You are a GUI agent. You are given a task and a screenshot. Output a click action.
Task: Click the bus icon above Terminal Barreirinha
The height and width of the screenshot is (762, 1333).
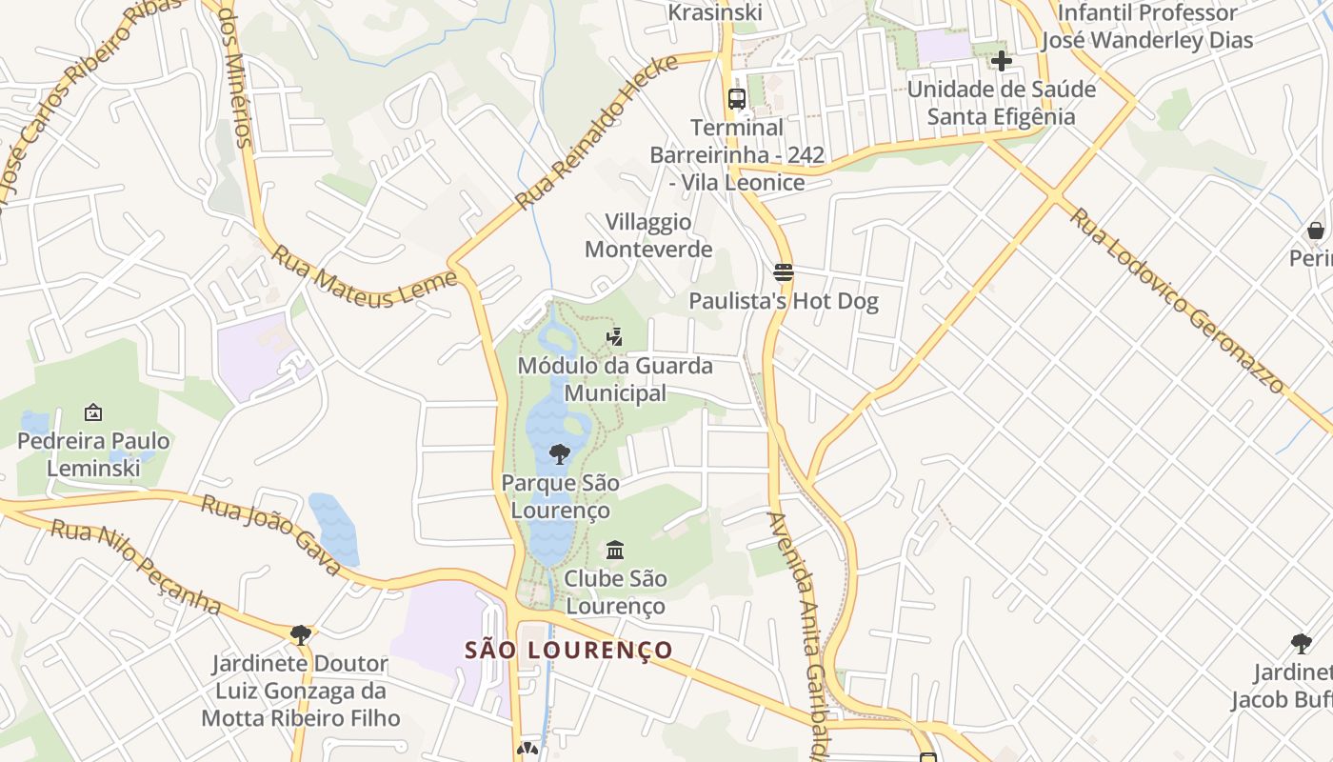pos(736,98)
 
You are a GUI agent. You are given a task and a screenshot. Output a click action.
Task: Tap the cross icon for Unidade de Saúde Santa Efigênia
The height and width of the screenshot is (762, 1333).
pos(1001,62)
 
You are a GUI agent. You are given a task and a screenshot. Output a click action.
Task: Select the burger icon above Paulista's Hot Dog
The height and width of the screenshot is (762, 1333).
pos(784,272)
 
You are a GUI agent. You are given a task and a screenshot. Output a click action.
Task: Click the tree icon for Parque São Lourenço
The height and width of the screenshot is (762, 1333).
pos(560,453)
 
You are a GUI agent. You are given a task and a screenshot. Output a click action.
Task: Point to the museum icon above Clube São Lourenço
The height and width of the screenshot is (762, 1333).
pos(615,550)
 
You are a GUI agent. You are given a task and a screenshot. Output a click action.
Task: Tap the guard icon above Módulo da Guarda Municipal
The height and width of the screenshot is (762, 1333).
pos(615,336)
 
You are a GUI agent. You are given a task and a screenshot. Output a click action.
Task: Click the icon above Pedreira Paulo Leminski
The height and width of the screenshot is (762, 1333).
pos(93,412)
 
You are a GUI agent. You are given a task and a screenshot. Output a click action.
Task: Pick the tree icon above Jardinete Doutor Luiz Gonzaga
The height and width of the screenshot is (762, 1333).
pos(301,634)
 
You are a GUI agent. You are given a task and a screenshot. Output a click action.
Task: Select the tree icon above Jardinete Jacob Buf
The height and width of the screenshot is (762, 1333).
pos(1301,643)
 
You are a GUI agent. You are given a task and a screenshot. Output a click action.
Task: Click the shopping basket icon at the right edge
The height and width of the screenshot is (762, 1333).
pos(1315,231)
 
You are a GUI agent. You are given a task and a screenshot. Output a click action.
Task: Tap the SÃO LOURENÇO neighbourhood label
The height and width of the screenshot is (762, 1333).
pos(569,651)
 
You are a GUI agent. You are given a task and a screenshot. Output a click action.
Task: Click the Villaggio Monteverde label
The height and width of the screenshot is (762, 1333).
pos(648,235)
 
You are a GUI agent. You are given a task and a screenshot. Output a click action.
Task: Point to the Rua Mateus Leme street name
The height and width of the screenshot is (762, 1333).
pos(365,277)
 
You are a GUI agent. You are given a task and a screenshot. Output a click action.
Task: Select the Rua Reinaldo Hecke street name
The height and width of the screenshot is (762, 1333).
pos(597,131)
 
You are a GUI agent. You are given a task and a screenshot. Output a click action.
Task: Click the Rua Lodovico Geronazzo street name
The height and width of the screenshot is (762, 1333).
pos(1177,299)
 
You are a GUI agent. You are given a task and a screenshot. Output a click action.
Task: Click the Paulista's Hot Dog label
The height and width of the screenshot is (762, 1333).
pos(784,302)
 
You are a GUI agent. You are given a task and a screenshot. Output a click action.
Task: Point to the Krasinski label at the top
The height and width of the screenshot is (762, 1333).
pos(715,12)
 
